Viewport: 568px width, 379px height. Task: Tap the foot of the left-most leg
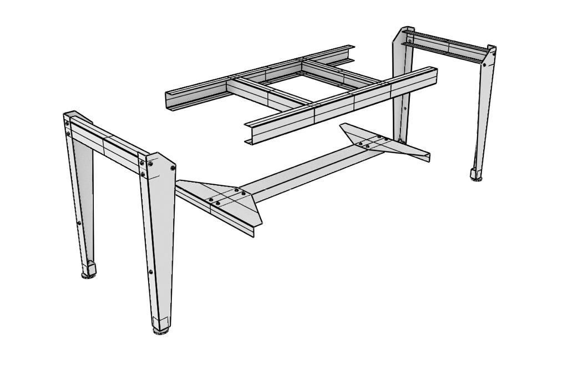(x=89, y=270)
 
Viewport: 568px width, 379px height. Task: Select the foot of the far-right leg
(x=476, y=174)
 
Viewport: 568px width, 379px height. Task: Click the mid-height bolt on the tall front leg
(x=150, y=272)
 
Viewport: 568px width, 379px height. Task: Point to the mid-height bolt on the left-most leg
(x=79, y=223)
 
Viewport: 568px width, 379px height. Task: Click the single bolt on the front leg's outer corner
(x=173, y=166)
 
